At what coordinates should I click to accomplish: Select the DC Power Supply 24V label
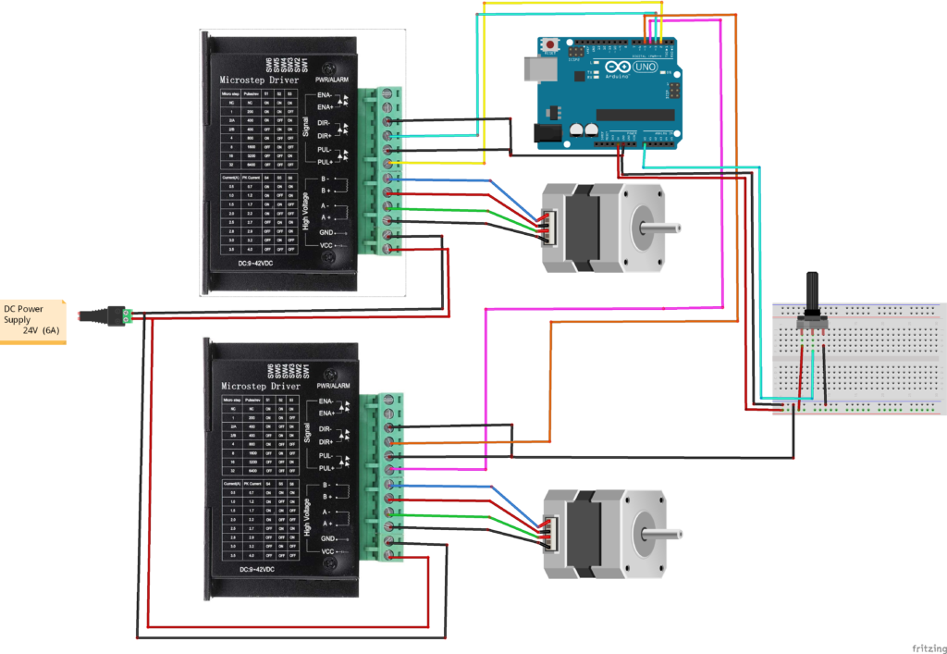tap(33, 320)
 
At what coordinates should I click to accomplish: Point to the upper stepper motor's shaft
tap(663, 226)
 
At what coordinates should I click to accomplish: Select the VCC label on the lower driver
tap(326, 551)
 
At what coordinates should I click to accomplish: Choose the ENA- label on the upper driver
tap(325, 95)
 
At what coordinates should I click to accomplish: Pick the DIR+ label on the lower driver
tap(325, 442)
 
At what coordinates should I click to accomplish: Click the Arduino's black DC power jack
tap(551, 135)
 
